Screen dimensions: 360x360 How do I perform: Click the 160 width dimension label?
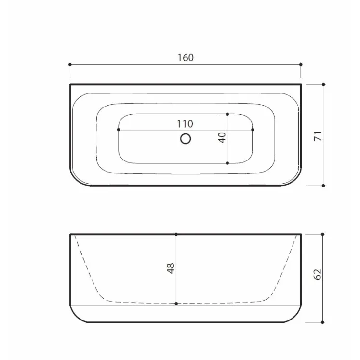186,58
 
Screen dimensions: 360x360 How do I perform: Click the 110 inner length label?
185,124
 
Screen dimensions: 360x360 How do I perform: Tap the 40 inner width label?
222,137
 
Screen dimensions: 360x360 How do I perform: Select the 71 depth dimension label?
318,136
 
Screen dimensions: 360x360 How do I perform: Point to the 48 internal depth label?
171,268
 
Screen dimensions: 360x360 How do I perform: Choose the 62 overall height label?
317,274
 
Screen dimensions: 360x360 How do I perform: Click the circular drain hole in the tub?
186,139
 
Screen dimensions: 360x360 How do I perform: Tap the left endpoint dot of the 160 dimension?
70,64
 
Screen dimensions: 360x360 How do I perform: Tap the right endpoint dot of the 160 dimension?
301,64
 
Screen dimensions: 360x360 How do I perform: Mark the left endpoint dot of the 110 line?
119,130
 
